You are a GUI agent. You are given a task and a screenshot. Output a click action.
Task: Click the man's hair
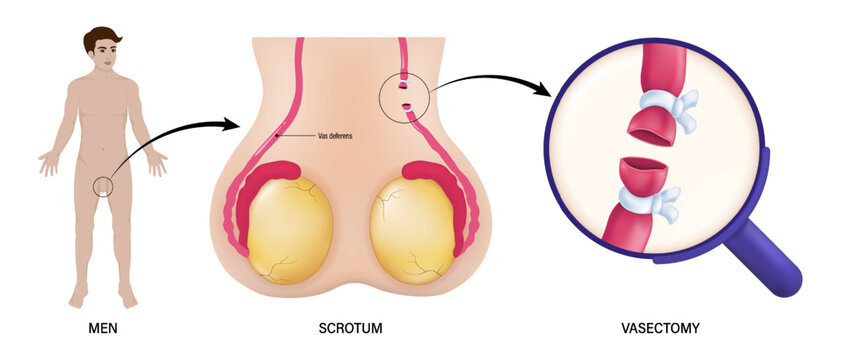point(102,40)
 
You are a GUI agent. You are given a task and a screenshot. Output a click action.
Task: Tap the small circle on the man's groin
point(102,185)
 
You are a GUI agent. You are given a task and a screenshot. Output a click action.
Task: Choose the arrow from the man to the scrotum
point(175,140)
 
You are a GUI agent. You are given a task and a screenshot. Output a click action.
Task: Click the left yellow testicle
point(290,230)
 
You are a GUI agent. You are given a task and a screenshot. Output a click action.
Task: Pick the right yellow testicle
point(412,230)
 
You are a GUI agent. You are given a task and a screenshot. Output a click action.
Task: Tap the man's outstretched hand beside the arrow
point(156,162)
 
